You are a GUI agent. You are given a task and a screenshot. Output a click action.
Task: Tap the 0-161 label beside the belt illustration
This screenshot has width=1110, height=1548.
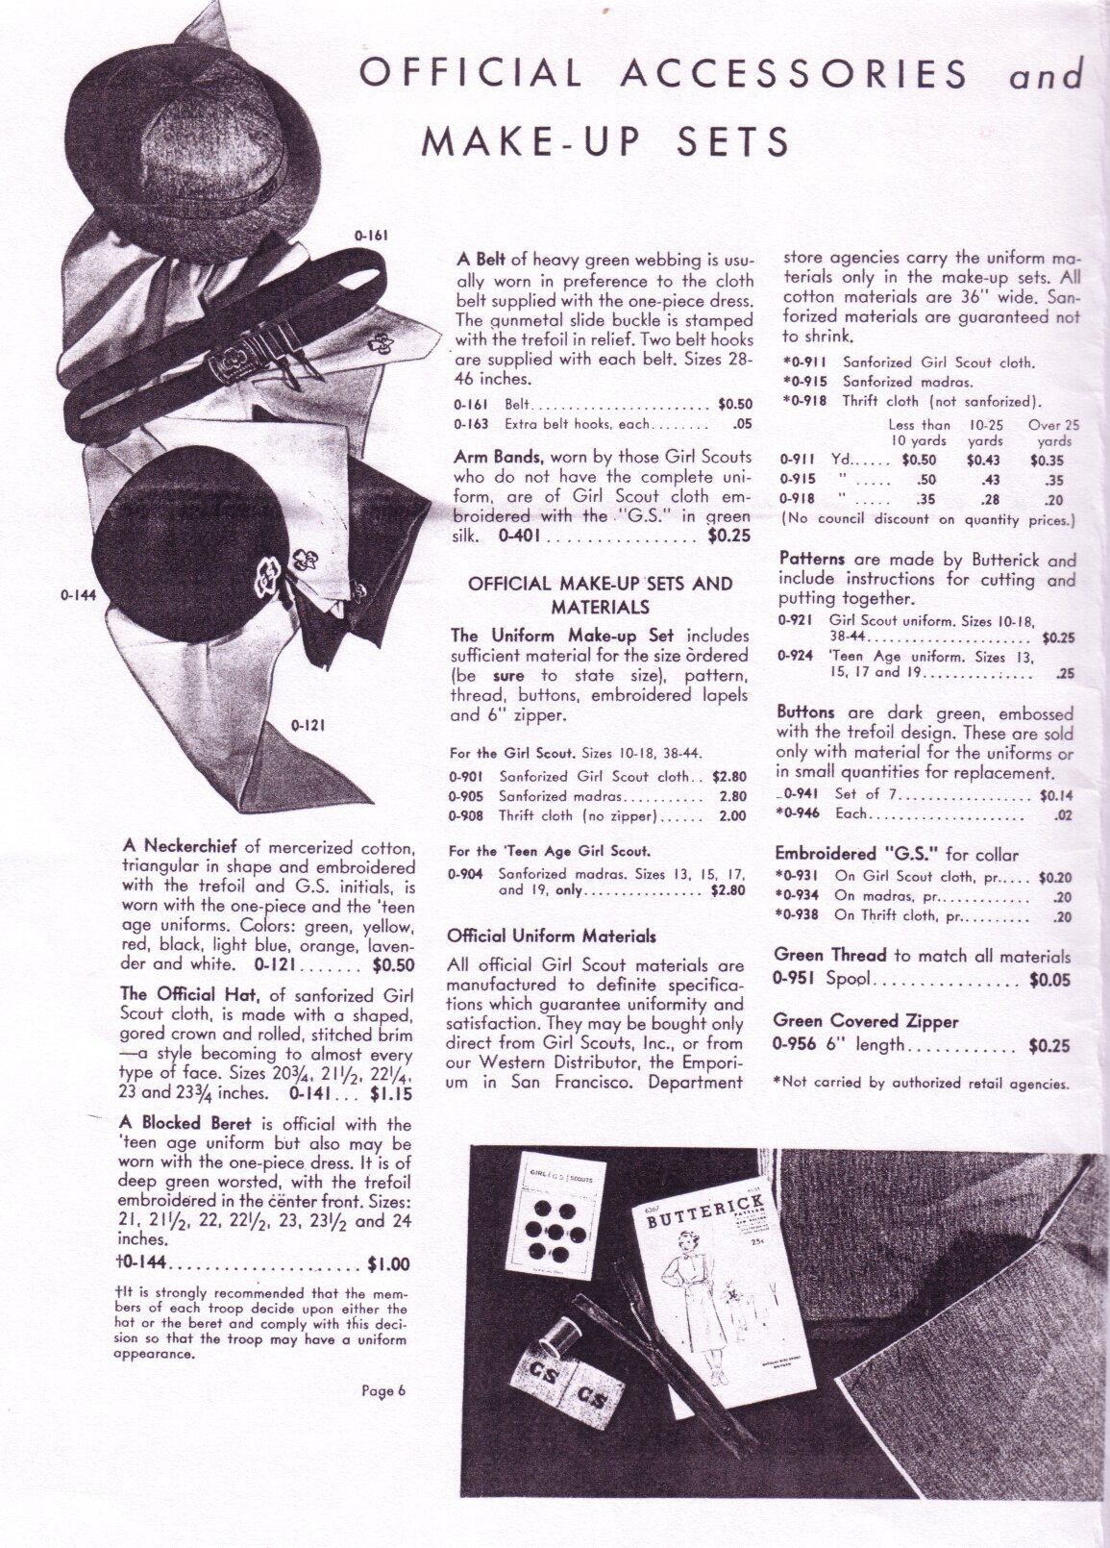(370, 234)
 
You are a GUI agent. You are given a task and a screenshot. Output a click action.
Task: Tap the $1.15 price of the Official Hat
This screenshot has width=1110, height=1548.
(392, 1093)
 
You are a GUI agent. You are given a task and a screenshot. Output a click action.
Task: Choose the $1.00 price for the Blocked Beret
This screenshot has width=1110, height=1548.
(388, 1263)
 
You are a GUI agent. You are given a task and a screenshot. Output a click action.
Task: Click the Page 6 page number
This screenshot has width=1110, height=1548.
(385, 1388)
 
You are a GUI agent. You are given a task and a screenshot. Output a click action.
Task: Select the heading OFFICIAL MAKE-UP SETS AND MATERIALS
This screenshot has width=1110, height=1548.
(600, 594)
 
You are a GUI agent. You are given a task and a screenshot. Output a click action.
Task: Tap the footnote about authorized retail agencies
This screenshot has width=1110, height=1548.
(920, 1083)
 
